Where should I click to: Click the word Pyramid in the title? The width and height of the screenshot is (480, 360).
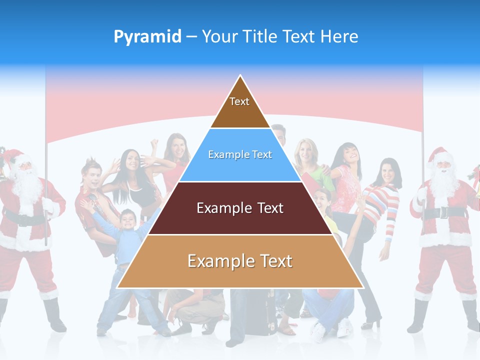coord(147,37)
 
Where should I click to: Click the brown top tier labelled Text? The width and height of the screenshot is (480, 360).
coord(240,107)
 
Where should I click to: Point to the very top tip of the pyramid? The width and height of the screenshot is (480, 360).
coord(240,76)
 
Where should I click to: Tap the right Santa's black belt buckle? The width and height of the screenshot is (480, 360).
coord(442,213)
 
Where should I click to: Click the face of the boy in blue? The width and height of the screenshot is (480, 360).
coord(127,219)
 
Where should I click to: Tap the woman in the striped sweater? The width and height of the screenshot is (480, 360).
coord(383,200)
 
